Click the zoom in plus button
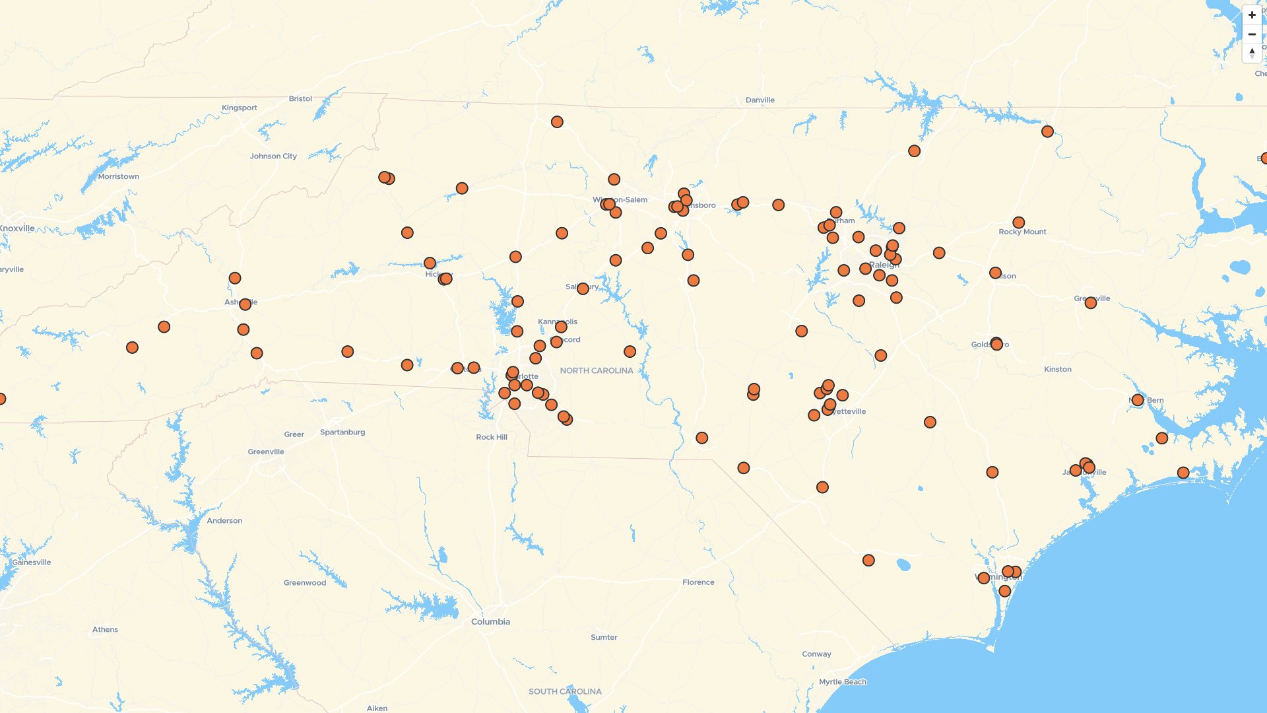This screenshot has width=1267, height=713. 1252,15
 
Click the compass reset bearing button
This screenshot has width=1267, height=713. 1252,53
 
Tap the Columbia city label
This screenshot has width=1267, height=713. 490,622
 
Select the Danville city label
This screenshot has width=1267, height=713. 760,100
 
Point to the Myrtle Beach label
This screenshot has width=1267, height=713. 842,682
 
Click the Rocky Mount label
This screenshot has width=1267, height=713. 1022,232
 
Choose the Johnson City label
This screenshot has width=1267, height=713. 273,156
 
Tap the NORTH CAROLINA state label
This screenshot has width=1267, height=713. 596,371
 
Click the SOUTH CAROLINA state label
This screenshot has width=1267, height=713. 565,692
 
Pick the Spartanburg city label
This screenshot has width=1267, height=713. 342,432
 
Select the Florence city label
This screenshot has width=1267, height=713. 698,582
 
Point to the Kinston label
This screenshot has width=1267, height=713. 1057,370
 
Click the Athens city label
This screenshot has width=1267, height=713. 105,630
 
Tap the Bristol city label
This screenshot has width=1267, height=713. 300,99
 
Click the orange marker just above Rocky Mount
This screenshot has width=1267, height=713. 1018,223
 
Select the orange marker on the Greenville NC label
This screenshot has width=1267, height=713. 1090,303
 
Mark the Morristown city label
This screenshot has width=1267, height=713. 118,177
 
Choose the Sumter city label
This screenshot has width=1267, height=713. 604,638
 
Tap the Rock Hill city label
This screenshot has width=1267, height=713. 492,438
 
